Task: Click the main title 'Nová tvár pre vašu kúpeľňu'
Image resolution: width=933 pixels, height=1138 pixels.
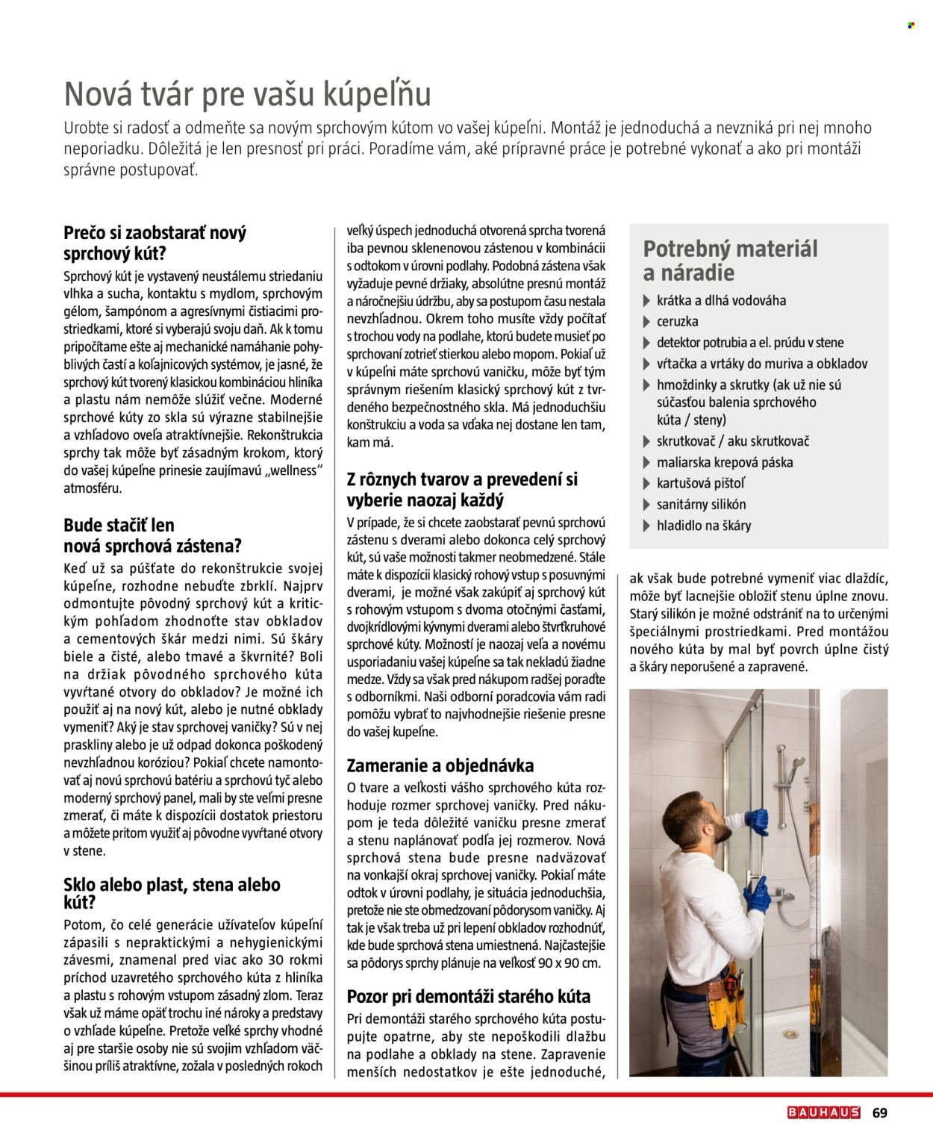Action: [x=247, y=95]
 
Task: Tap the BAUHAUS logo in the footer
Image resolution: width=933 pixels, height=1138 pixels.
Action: [x=823, y=1113]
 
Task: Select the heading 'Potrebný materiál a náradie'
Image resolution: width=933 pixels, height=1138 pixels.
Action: [x=730, y=260]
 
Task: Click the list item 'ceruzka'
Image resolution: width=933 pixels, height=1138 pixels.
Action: [x=677, y=322]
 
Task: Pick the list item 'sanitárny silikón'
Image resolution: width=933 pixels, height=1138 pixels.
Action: [x=701, y=504]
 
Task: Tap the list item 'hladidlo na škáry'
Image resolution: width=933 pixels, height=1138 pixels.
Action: [x=703, y=525]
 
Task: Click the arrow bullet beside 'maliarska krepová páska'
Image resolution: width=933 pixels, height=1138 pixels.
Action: [x=646, y=463]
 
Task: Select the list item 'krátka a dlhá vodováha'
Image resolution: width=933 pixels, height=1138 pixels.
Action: [x=720, y=301]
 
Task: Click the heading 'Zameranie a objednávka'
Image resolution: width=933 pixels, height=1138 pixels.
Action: [x=440, y=765]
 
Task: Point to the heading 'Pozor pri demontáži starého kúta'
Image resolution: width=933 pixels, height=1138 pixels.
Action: [x=468, y=996]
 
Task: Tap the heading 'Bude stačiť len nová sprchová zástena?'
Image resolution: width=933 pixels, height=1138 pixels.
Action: [x=152, y=535]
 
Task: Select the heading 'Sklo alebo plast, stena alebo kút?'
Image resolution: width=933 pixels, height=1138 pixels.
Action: [x=172, y=893]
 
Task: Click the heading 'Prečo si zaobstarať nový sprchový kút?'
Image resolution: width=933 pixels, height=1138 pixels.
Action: [x=155, y=243]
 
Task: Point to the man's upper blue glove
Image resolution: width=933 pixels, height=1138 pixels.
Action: [x=755, y=821]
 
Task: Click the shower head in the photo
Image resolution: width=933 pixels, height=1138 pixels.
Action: [x=799, y=764]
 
